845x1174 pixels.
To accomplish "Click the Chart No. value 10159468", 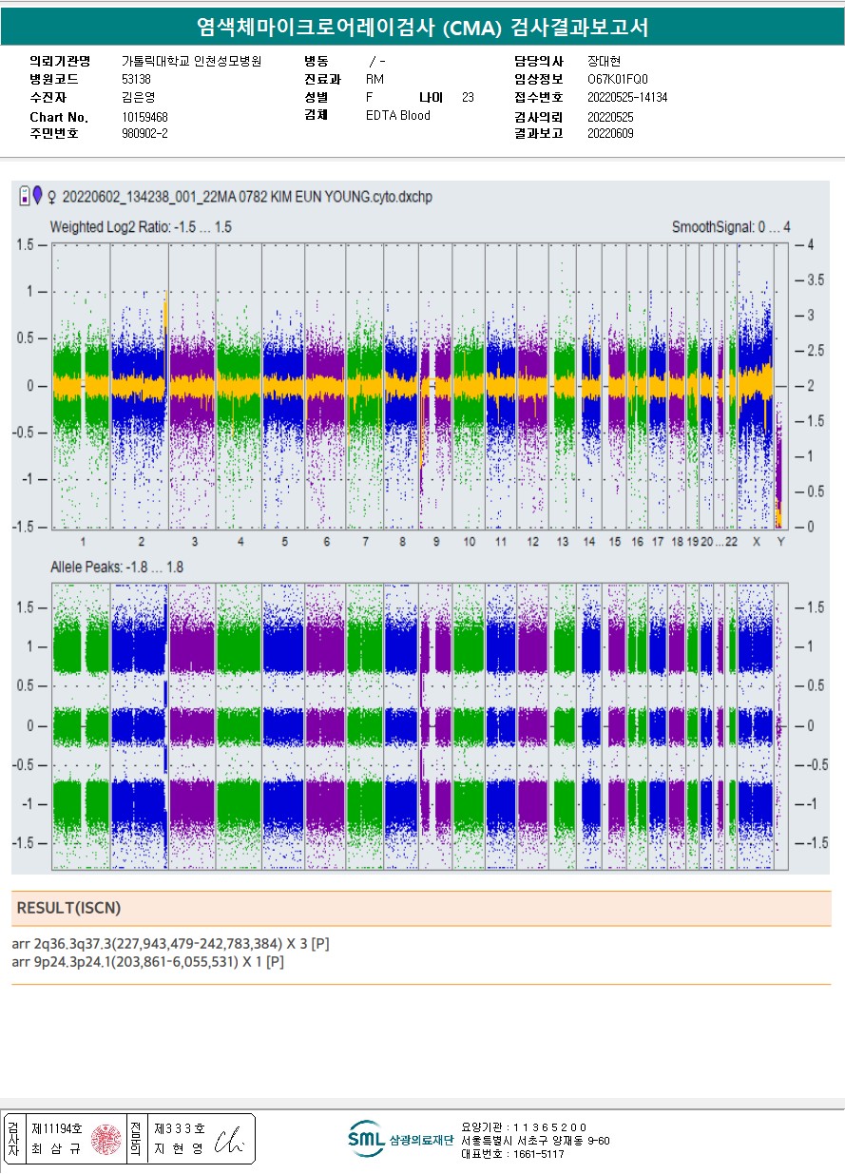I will pos(144,117).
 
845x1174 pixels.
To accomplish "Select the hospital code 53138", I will pos(136,79).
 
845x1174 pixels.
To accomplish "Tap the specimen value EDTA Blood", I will pos(397,116).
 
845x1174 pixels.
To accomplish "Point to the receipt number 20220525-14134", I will pos(627,98).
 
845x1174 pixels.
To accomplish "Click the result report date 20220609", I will pos(610,134).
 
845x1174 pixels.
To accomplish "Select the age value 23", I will pos(468,98).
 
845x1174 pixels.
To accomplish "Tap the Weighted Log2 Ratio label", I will pos(141,227).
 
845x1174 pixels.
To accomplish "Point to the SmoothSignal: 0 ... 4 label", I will pos(731,227).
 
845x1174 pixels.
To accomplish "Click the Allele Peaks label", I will pos(116,567).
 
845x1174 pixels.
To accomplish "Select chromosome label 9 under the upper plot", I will pos(435,542).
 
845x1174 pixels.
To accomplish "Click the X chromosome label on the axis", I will pos(757,542).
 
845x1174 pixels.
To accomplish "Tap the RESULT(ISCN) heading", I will pos(69,908).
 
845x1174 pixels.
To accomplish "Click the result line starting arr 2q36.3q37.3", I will pos(171,944).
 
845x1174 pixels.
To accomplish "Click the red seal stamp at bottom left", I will pos(106,1139).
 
